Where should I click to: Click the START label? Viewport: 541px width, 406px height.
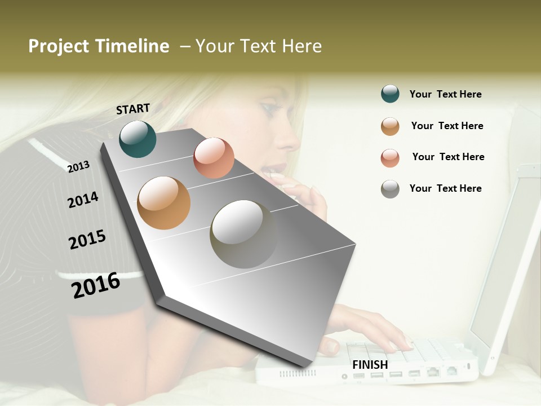(x=133, y=109)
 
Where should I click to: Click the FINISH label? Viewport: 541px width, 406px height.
(x=370, y=365)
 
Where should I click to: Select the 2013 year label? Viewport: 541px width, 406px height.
(x=79, y=166)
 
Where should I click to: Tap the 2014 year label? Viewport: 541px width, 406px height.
(x=83, y=200)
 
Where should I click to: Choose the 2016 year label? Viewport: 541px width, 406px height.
(x=96, y=285)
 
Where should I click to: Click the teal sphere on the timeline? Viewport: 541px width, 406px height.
(x=138, y=139)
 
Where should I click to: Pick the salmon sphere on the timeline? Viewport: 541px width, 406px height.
(x=214, y=158)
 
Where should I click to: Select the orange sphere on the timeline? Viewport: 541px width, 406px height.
(x=164, y=202)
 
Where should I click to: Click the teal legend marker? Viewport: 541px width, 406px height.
(x=390, y=94)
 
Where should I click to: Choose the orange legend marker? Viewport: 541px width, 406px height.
(x=390, y=126)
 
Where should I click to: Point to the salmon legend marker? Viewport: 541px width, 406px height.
(x=390, y=158)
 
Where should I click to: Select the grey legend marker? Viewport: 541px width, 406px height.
(x=390, y=189)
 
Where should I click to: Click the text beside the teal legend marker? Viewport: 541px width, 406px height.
(x=446, y=95)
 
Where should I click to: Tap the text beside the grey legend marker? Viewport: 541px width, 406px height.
(x=446, y=188)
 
